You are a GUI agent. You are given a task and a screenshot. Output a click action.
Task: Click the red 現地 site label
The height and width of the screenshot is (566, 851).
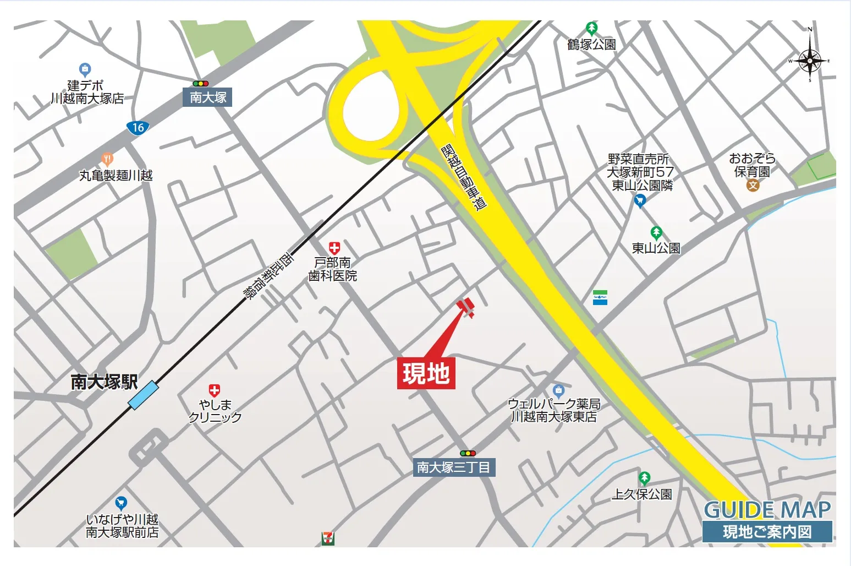click(426, 373)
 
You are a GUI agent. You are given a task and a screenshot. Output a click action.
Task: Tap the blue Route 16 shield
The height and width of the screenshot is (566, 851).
click(138, 128)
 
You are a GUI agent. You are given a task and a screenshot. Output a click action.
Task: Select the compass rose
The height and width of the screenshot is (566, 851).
click(810, 60)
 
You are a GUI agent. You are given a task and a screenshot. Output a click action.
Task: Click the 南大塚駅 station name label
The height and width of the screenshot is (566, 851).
click(104, 382)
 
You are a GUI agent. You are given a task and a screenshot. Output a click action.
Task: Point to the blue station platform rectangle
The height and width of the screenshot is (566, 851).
click(144, 395)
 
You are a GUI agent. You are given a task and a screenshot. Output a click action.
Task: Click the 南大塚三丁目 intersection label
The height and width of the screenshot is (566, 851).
click(454, 467)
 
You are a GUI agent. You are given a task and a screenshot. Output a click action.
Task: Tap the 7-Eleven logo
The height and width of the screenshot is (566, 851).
click(328, 538)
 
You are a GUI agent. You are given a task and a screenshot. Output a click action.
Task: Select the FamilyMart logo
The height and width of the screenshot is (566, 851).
click(600, 297)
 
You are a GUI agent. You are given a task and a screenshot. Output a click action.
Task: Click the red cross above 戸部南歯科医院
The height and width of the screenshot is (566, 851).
click(334, 248)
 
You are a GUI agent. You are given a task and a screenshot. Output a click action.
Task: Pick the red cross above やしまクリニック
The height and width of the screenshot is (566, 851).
click(215, 391)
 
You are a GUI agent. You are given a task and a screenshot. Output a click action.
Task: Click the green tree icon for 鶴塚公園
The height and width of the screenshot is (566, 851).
click(591, 28)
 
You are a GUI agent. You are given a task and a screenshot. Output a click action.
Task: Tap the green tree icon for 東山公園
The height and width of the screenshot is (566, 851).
click(656, 232)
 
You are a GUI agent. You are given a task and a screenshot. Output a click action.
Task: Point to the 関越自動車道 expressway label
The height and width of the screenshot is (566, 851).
click(464, 177)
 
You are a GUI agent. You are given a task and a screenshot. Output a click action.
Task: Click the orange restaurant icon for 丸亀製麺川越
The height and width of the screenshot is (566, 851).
click(108, 160)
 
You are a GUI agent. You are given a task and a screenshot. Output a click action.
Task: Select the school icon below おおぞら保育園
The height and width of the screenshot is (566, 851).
click(753, 185)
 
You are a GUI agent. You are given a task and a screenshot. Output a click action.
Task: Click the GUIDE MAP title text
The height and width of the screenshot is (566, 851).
click(767, 509)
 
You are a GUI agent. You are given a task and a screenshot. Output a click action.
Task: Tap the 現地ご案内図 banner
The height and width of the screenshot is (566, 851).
click(767, 532)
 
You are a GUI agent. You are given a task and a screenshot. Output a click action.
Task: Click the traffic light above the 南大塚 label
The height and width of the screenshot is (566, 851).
click(200, 84)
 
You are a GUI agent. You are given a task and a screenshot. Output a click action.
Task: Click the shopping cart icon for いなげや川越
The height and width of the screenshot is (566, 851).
click(121, 503)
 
